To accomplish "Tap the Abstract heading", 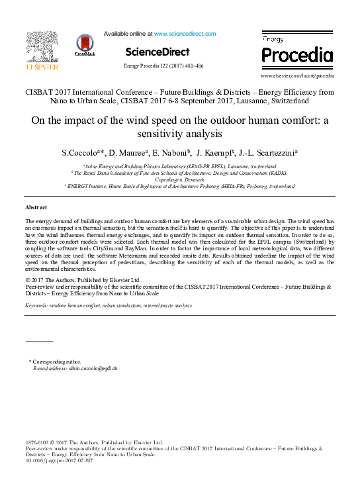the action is click(x=36, y=208).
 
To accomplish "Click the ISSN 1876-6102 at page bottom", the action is click(x=37, y=442).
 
